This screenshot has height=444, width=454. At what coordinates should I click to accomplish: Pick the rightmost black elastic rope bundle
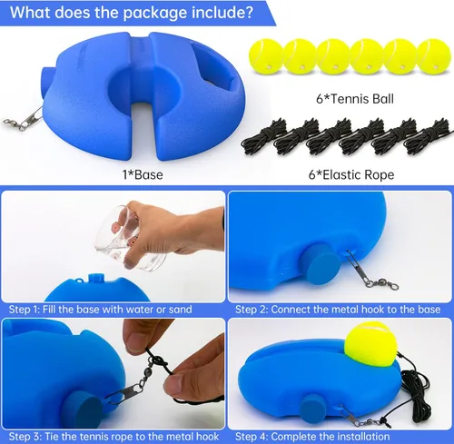(x=428, y=139)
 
